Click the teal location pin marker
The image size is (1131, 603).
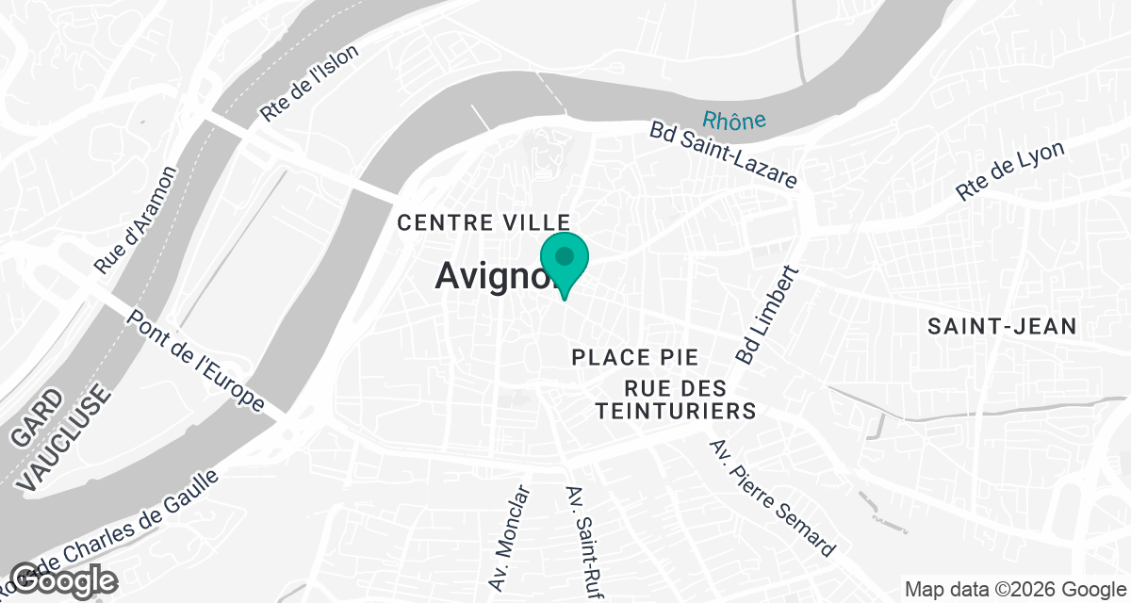(x=564, y=259)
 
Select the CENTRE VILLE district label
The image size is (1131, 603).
(x=485, y=223)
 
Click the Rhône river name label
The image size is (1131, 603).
(x=733, y=120)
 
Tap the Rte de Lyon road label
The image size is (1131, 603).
(x=1010, y=171)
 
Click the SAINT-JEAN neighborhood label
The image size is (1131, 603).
(x=1002, y=327)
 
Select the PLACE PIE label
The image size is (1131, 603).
(x=635, y=358)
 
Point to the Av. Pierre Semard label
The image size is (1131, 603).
(x=772, y=497)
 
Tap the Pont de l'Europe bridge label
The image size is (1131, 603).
(x=196, y=361)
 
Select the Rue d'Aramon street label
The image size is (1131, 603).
(x=136, y=220)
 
